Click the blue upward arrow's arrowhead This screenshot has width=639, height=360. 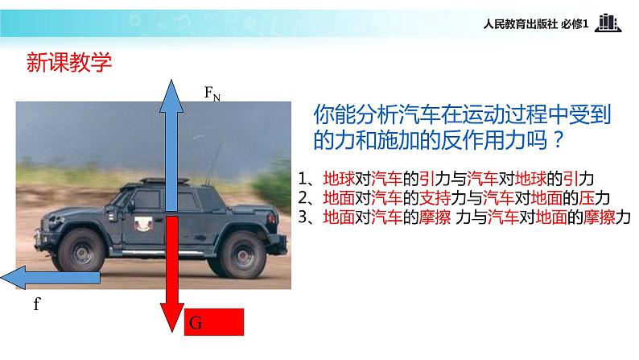(171, 93)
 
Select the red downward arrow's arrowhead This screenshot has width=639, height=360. (171, 319)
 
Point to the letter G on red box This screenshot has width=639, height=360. (195, 325)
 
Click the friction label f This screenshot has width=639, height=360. (37, 304)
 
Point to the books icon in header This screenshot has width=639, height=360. (608, 23)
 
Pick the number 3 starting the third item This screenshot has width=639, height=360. (302, 217)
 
